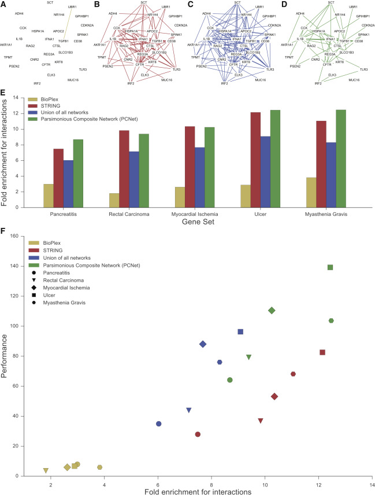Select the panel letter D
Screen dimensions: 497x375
pos(287,3)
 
